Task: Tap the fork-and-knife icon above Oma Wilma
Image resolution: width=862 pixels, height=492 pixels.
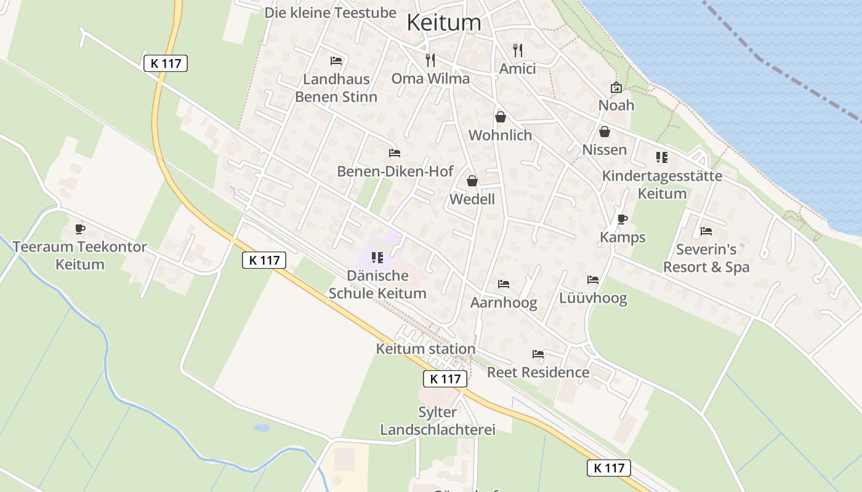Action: [x=430, y=60]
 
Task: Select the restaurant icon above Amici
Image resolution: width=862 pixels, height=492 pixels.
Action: [x=518, y=50]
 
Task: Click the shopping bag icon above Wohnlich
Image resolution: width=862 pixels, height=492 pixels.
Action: [x=500, y=116]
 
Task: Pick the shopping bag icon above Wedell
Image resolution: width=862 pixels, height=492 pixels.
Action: [x=472, y=180]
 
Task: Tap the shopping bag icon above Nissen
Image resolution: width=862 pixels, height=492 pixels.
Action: [x=605, y=131]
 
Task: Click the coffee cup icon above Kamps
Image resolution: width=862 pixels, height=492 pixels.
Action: [x=622, y=219]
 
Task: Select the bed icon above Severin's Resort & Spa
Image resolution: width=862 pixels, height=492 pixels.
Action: [x=706, y=231]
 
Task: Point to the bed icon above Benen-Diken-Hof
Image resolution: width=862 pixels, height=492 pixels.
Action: [x=395, y=153]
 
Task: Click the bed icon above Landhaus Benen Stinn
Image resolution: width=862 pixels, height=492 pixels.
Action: [x=336, y=60]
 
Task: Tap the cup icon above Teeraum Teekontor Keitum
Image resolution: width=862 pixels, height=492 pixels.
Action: [x=79, y=229]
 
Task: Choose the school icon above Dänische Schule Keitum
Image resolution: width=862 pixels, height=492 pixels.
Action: [x=377, y=257]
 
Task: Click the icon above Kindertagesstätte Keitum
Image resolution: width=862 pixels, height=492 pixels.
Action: [x=662, y=157]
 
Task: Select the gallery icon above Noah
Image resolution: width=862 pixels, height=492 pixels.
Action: [x=616, y=87]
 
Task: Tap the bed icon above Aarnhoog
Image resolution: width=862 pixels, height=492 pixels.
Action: [x=504, y=284]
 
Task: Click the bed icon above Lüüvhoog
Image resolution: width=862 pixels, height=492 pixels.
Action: [x=593, y=280]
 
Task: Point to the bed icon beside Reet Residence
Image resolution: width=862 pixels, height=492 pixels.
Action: [x=538, y=354]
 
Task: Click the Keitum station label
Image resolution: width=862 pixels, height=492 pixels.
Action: [x=425, y=349]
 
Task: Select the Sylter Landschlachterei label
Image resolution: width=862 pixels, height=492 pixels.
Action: [x=437, y=421]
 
